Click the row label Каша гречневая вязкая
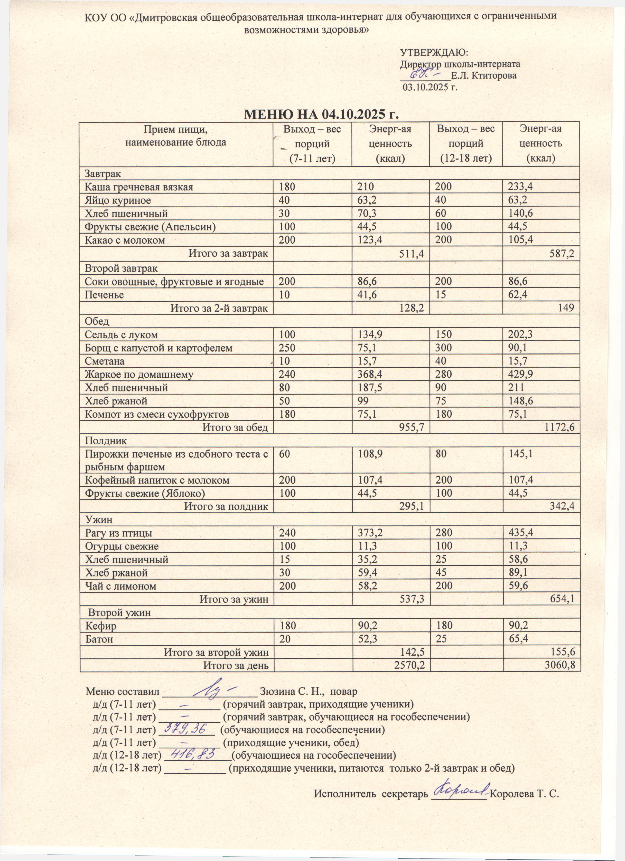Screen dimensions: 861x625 (139, 187)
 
